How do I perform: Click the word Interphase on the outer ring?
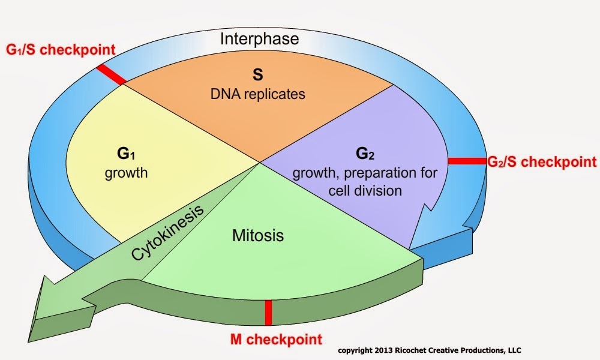point(259,40)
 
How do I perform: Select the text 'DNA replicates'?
point(257,94)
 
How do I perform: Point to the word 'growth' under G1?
point(126,173)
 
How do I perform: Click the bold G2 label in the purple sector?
point(365,154)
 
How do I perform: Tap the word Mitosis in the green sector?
point(258,236)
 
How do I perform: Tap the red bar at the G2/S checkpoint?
point(466,161)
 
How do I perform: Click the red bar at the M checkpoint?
point(268,313)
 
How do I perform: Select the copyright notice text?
point(431,350)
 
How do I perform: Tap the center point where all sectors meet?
point(259,161)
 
